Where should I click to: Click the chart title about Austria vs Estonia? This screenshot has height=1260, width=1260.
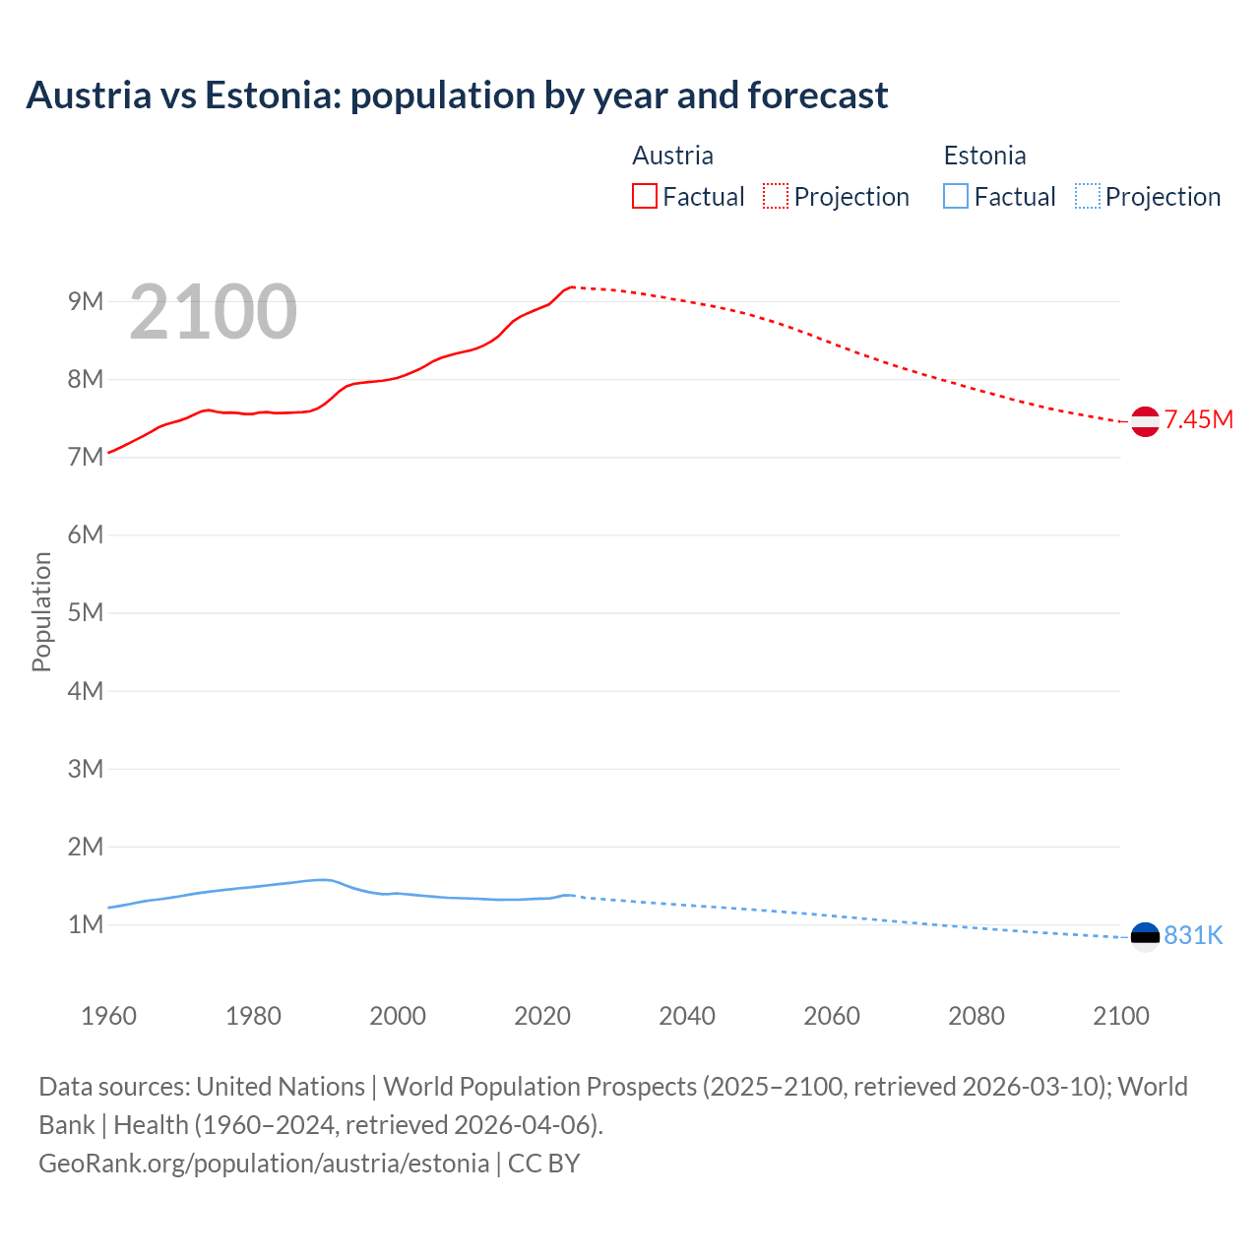click(457, 95)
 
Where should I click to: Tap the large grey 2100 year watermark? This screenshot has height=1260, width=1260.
click(213, 312)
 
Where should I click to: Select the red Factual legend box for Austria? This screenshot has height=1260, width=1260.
click(645, 196)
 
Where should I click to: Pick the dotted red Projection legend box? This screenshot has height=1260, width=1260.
click(776, 196)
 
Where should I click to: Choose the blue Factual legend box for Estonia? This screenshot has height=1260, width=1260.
click(956, 196)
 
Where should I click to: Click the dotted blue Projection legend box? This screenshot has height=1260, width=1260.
click(1087, 196)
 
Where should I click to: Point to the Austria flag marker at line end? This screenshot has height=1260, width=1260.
click(1145, 421)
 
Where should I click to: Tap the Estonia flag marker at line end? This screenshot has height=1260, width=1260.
click(1145, 936)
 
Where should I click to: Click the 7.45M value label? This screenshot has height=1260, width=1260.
click(1198, 420)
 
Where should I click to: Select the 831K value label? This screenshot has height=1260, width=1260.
click(1193, 936)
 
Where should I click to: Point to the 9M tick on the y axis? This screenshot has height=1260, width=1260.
click(86, 301)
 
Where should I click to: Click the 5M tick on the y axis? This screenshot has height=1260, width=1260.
click(86, 612)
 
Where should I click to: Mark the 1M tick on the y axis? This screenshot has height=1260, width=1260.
click(86, 924)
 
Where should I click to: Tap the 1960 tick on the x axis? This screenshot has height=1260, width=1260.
click(108, 1016)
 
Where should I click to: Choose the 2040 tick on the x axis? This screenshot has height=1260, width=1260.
click(687, 1016)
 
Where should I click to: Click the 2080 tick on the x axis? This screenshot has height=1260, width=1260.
click(976, 1016)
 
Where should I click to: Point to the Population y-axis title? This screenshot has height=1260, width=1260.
click(41, 611)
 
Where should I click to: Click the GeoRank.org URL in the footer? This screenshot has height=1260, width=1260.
click(264, 1164)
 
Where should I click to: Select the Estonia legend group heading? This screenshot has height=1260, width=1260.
click(984, 156)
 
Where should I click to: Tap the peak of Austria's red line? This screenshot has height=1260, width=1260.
click(571, 286)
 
